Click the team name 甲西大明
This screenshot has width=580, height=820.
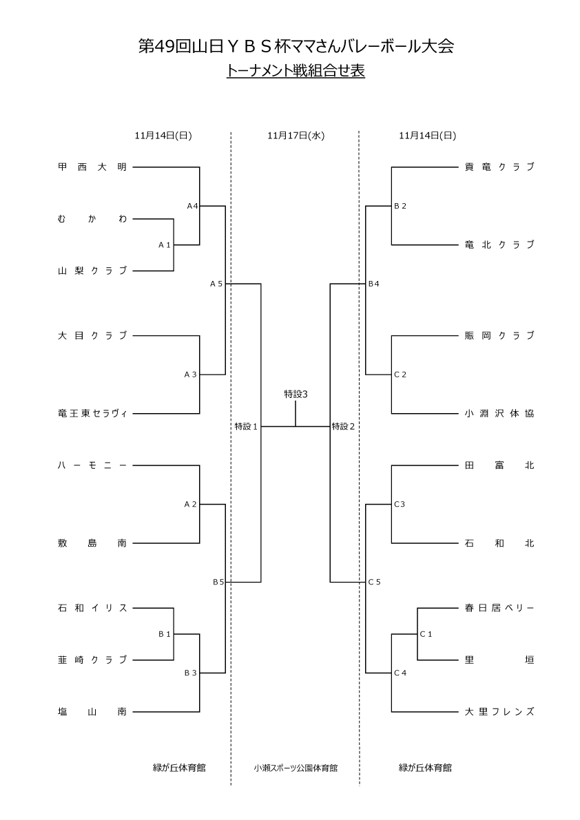click(92, 167)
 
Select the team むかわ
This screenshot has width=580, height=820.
click(92, 219)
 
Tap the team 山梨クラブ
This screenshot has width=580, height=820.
click(92, 271)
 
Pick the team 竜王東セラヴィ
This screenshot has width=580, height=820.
click(92, 413)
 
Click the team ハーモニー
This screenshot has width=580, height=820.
click(92, 465)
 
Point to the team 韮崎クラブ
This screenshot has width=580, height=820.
click(92, 660)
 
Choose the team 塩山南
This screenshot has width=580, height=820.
click(92, 711)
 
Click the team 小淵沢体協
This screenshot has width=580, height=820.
click(499, 413)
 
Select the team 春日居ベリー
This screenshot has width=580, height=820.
click(499, 608)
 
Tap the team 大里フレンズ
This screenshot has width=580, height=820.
click(499, 711)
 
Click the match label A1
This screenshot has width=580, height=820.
click(164, 244)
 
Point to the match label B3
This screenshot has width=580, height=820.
click(190, 673)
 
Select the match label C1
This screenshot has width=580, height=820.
click(426, 634)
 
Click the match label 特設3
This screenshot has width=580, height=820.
click(296, 394)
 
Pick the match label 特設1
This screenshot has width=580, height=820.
click(246, 426)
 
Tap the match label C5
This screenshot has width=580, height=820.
click(374, 582)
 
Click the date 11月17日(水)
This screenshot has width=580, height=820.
click(296, 136)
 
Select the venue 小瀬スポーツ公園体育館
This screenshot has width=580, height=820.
click(296, 768)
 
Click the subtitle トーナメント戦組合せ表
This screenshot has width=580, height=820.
click(296, 70)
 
